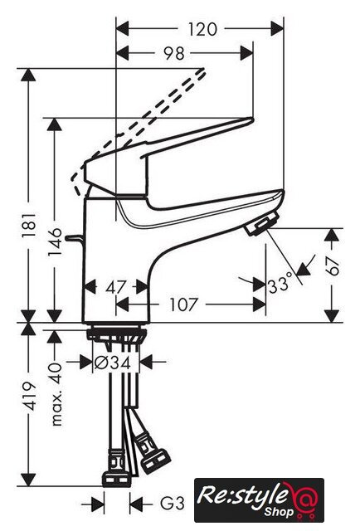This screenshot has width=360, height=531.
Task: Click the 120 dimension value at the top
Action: pos(202,29)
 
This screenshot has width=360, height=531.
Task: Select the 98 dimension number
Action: pos(174,53)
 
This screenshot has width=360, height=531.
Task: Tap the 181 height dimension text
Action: pos(30,225)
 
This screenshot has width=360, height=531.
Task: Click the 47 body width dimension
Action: pos(116,288)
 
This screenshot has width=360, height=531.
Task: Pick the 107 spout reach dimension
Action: pos(182,304)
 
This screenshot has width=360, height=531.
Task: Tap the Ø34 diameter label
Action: pos(113,363)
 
